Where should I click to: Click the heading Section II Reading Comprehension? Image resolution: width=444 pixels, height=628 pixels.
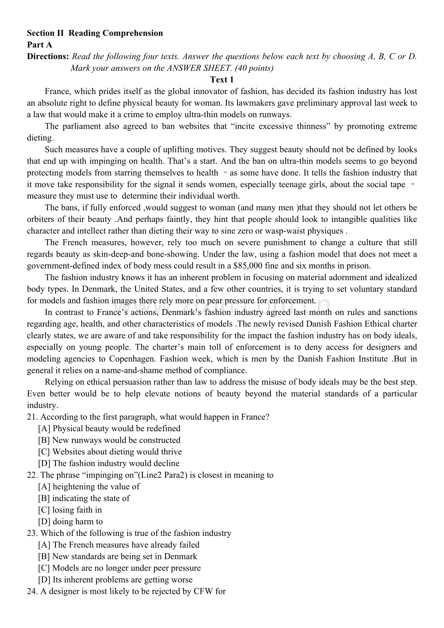pyautogui.click(x=95, y=33)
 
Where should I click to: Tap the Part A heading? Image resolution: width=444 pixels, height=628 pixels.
pyautogui.click(x=40, y=45)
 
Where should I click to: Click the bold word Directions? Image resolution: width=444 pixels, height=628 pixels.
pyautogui.click(x=48, y=56)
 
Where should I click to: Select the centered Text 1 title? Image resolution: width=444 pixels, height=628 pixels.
pyautogui.click(x=222, y=80)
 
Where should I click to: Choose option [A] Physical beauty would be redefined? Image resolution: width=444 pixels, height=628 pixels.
pyautogui.click(x=109, y=429)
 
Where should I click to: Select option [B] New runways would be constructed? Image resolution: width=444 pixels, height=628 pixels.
pyautogui.click(x=109, y=440)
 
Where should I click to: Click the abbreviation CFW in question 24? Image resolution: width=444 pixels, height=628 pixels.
pyautogui.click(x=203, y=591)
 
